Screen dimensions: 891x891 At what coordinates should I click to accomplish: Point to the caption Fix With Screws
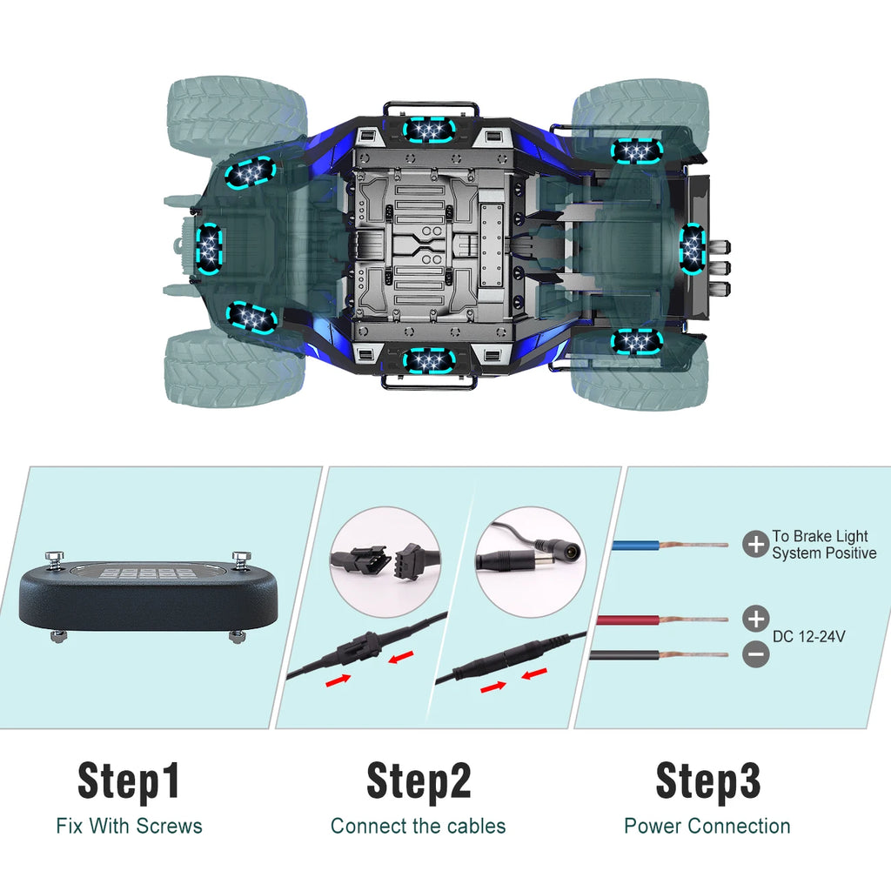129,826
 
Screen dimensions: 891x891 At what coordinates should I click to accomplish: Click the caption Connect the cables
419,826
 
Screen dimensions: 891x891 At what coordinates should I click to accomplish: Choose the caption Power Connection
707,826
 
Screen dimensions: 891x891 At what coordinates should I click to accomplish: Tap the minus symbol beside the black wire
756,653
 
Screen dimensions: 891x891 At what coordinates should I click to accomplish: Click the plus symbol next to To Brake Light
755,545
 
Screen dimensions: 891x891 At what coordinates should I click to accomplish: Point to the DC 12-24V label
808,637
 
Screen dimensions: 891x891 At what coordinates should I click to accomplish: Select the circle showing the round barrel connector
530,562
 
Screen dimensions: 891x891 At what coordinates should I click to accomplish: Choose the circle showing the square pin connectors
385,562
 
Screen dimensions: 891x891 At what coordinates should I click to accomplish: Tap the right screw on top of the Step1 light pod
238,558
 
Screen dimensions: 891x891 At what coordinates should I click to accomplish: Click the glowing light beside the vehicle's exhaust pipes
693,245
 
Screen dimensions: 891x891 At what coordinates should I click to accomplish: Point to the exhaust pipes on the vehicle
720,268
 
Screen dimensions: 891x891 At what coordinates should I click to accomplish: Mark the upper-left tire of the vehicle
237,113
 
